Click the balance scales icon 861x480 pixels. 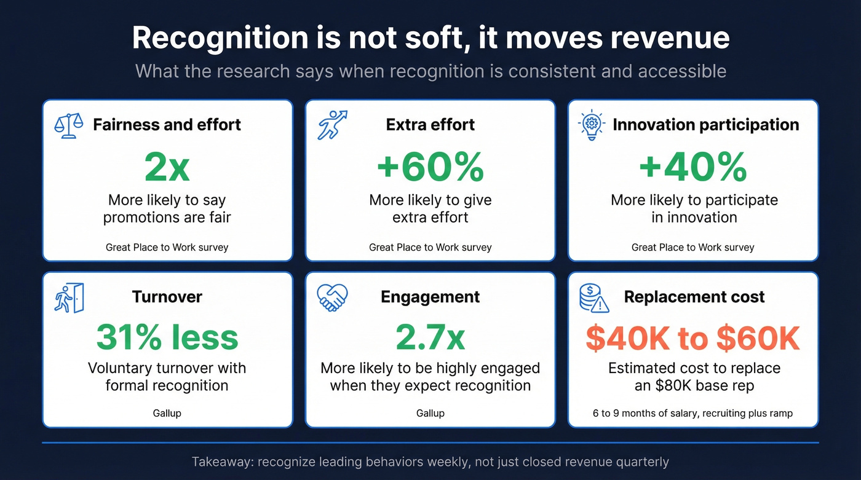tap(69, 125)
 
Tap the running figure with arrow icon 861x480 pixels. tap(332, 125)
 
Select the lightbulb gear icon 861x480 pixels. tap(591, 125)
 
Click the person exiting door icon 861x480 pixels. tap(69, 297)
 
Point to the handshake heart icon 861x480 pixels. tap(332, 297)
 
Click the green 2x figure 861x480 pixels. tap(167, 167)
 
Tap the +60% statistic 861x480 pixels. tap(430, 167)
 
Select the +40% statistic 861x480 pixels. tap(693, 167)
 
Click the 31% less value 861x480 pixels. tap(167, 337)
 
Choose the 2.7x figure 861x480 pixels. tap(430, 337)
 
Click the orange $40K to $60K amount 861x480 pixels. tap(693, 338)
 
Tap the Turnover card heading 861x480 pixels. tap(167, 297)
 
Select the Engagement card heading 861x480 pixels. tap(430, 297)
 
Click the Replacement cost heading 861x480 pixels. tap(694, 297)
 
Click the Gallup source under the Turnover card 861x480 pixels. tap(167, 413)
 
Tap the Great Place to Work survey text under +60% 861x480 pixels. tap(430, 247)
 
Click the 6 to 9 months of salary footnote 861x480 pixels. tap(693, 413)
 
